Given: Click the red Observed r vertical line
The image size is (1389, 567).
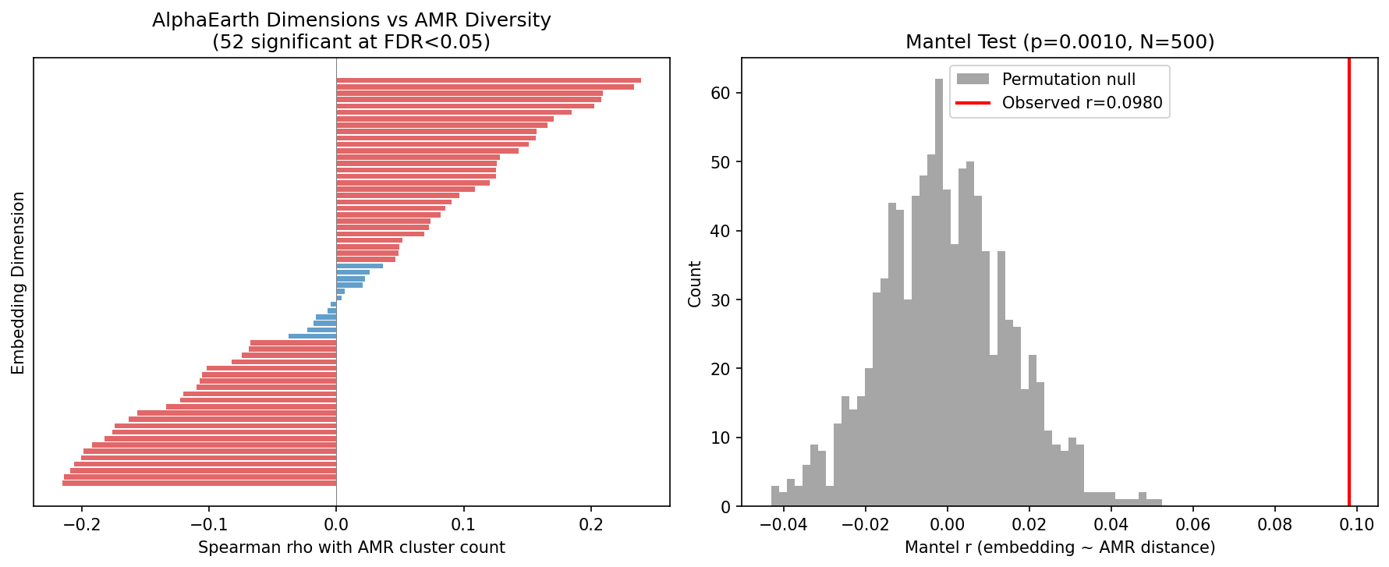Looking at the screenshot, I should tap(1348, 281).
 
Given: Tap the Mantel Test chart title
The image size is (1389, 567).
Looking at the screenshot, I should tap(1059, 42).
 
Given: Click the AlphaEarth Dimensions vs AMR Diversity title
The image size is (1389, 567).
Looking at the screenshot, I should tap(351, 20).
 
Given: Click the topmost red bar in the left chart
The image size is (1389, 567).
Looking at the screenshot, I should tap(488, 80).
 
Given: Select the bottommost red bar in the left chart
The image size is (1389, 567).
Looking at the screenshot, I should tap(200, 484).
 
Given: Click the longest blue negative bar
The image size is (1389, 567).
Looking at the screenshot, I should tap(313, 336).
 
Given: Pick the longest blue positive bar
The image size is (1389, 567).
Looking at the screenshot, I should tap(360, 266).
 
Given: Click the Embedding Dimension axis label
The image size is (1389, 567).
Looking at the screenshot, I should tap(19, 282).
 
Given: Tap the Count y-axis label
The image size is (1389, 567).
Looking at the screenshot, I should tap(695, 284).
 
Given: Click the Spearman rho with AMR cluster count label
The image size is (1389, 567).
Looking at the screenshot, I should tap(351, 548).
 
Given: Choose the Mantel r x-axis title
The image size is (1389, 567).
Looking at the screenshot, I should tap(1059, 548).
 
